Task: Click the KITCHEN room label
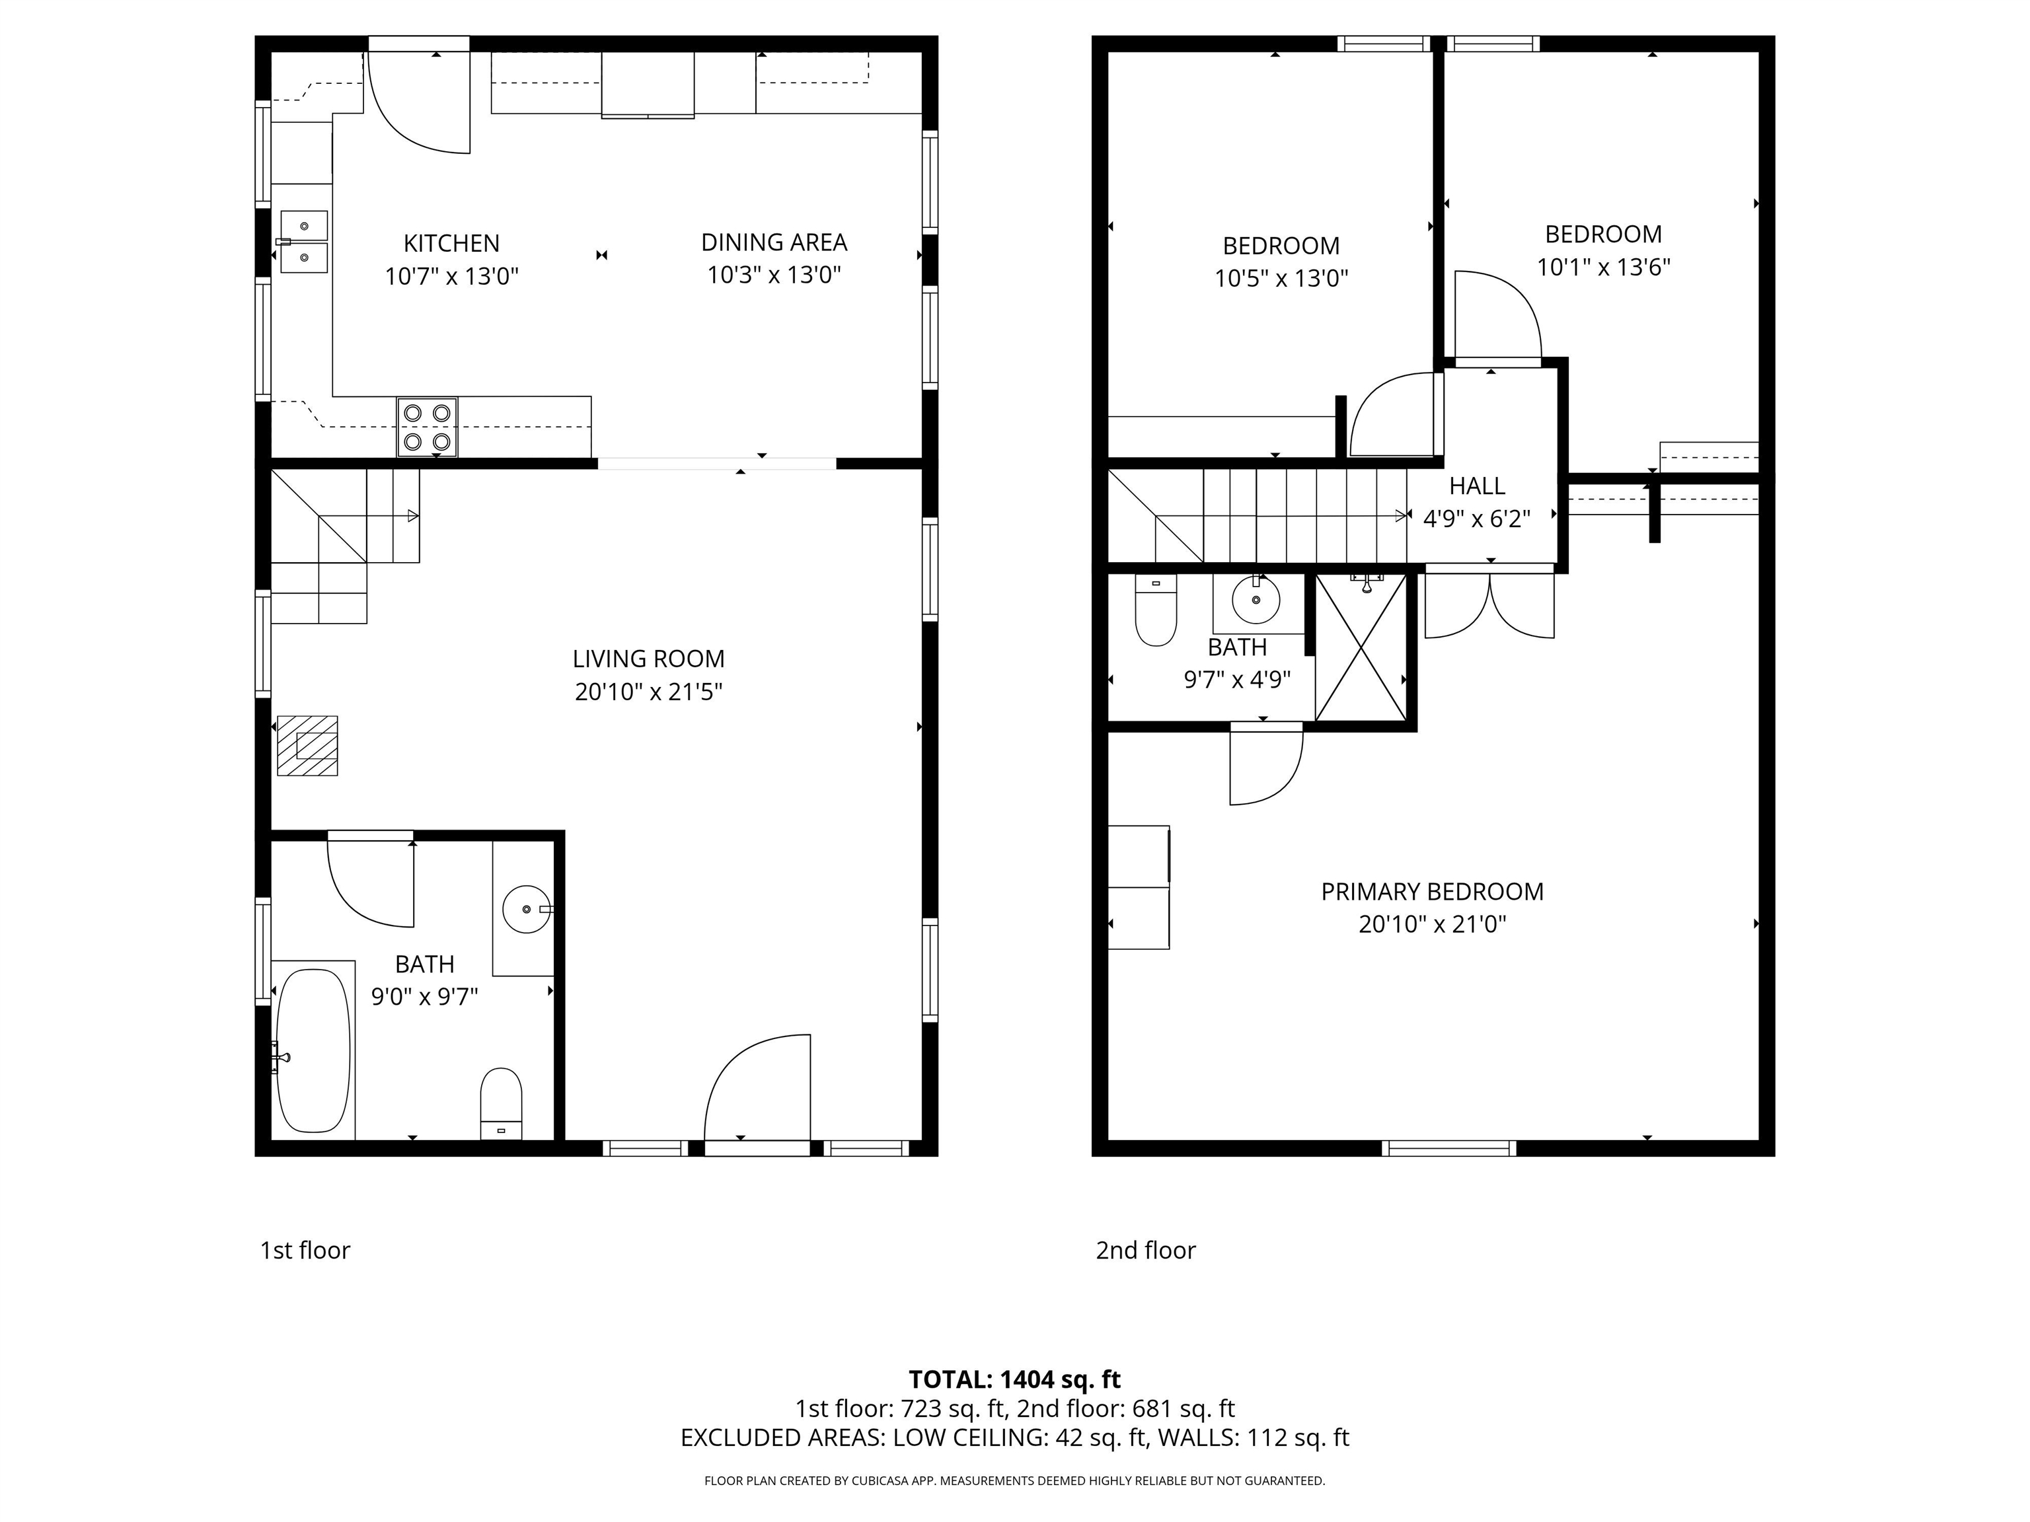[x=451, y=243]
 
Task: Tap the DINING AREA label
[x=774, y=242]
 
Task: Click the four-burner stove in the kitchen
[x=427, y=427]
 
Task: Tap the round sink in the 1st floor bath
[x=526, y=909]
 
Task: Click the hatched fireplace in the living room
[x=307, y=745]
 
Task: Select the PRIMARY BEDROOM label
[x=1432, y=891]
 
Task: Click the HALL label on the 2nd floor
[x=1477, y=486]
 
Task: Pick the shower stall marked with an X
[x=1361, y=647]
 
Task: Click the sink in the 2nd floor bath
[x=1256, y=602]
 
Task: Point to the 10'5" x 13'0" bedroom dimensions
[x=1281, y=278]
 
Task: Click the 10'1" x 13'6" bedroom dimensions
[x=1603, y=267]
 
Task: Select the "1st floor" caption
[x=305, y=1250]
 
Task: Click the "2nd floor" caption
[x=1145, y=1250]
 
